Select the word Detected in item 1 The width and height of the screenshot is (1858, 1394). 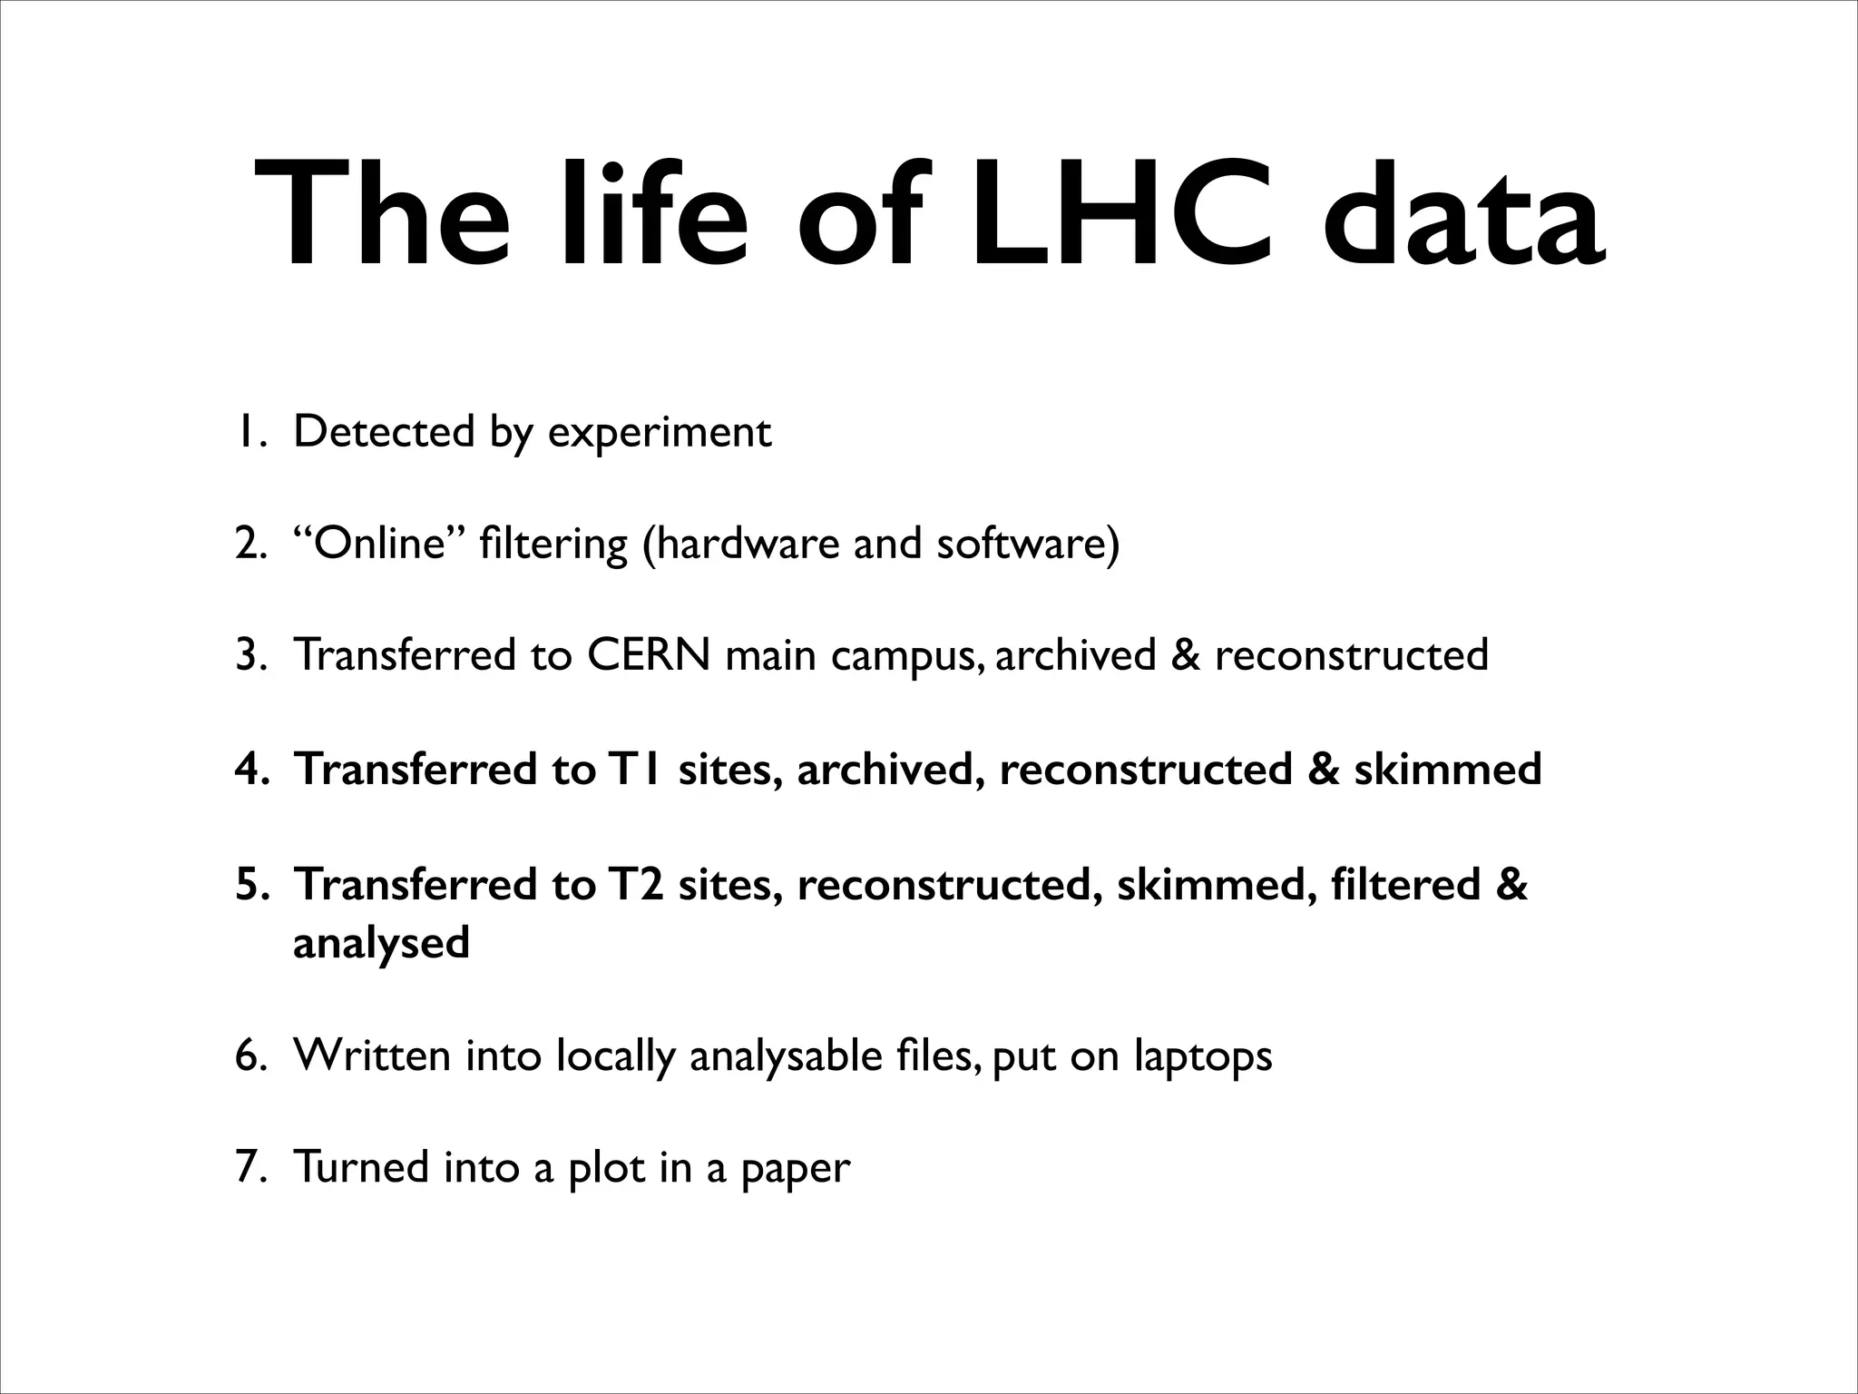[x=384, y=431]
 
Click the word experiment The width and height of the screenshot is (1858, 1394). [x=660, y=433]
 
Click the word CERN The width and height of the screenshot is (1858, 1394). [x=648, y=654]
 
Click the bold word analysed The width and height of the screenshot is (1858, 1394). [x=381, y=943]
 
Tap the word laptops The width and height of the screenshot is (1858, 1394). [x=1202, y=1055]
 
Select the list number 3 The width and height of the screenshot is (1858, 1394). [x=249, y=655]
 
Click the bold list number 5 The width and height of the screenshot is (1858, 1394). [x=249, y=885]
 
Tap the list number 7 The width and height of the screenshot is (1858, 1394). [x=249, y=1167]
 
